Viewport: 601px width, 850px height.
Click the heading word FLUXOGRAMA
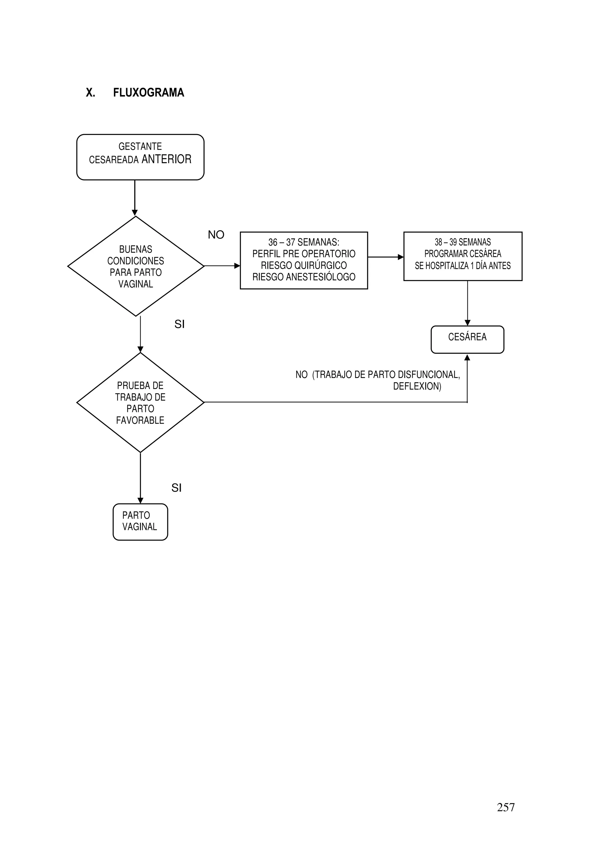click(x=148, y=92)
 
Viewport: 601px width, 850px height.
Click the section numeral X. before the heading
click(x=90, y=92)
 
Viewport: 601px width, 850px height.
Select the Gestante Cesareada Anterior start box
click(x=140, y=157)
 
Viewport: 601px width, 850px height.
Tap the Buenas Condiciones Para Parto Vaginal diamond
click(x=136, y=266)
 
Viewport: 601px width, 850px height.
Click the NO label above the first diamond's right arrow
click(x=216, y=235)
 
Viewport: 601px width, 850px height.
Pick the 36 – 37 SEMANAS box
click(x=304, y=260)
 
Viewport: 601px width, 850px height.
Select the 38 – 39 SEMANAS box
click(x=462, y=256)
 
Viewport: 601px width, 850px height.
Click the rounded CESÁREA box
click(x=467, y=339)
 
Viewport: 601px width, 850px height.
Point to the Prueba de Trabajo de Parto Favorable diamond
click(x=140, y=403)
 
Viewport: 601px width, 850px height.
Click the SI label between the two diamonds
click(x=179, y=324)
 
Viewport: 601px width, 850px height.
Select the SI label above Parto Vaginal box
click(x=176, y=488)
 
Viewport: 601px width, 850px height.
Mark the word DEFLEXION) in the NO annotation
click(x=417, y=386)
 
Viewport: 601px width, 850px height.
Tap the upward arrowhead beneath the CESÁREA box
click(x=467, y=358)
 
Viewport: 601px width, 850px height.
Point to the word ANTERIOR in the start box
click(x=166, y=159)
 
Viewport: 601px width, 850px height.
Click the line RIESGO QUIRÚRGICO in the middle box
click(x=304, y=266)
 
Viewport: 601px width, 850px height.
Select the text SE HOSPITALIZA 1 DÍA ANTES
click(x=462, y=266)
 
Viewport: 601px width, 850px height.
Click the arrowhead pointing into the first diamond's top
click(x=135, y=213)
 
